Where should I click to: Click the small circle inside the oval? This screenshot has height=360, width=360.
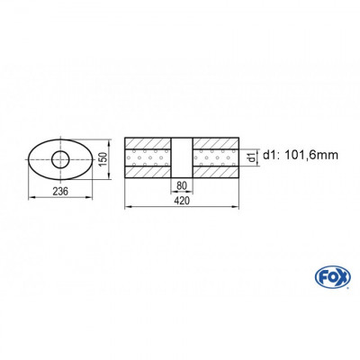pyautogui.click(x=61, y=160)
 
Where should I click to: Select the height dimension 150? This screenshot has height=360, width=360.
pyautogui.click(x=103, y=160)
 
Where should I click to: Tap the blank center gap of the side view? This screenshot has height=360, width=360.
pyautogui.click(x=182, y=160)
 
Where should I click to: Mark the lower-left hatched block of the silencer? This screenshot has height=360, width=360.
pyautogui.click(x=148, y=175)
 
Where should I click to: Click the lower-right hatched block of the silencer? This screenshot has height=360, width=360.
pyautogui.click(x=215, y=175)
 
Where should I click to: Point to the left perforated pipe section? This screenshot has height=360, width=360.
pyautogui.click(x=148, y=160)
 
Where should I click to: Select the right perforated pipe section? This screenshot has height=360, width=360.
pyautogui.click(x=215, y=160)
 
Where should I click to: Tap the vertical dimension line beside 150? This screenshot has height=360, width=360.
pyautogui.click(x=94, y=160)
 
